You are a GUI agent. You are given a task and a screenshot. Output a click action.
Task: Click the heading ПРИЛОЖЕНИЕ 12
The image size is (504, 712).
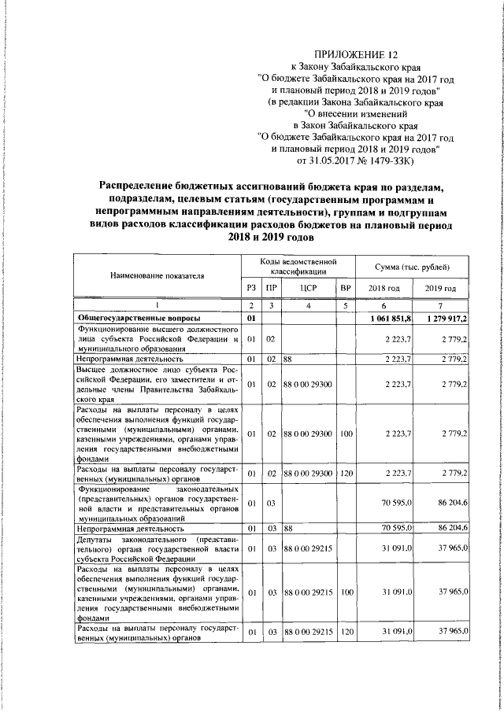tap(352, 54)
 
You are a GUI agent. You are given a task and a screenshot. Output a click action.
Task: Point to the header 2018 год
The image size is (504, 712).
tap(384, 289)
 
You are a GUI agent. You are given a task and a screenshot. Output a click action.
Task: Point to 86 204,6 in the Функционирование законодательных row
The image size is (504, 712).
tap(449, 503)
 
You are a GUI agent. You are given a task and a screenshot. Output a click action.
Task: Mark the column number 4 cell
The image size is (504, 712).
tap(309, 305)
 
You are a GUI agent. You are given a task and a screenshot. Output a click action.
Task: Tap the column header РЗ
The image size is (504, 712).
tap(250, 289)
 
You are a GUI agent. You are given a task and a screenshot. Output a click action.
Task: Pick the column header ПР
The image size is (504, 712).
tap(269, 289)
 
